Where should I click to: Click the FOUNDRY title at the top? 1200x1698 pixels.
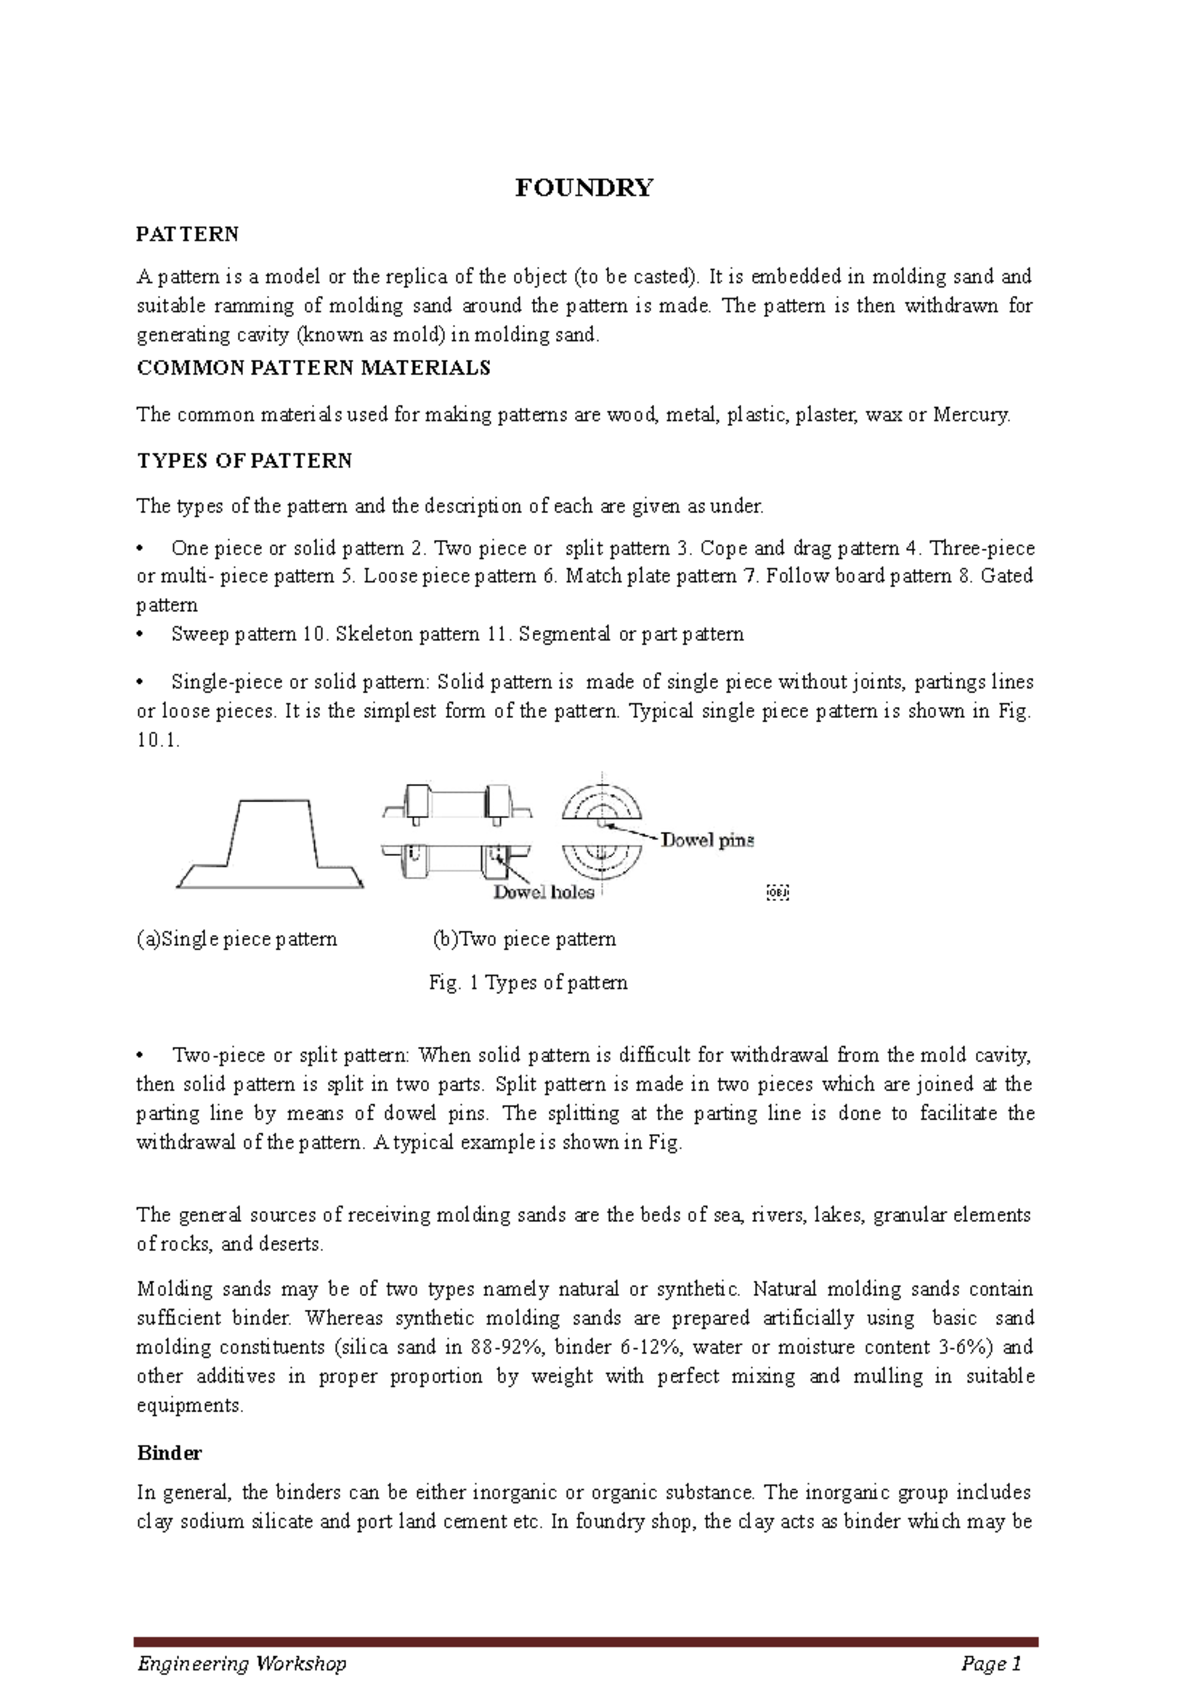(583, 188)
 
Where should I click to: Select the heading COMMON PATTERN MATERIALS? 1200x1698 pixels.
(313, 368)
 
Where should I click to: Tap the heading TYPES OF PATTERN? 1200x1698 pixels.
(244, 461)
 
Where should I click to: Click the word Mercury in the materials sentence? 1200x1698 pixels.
(970, 415)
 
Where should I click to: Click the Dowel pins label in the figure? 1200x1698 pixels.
(707, 840)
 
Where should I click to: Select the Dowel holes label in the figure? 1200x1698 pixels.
(543, 892)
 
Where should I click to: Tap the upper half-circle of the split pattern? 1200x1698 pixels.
(601, 803)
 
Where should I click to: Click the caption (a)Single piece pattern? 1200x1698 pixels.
(237, 939)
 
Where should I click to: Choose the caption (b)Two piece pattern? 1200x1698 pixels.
(524, 939)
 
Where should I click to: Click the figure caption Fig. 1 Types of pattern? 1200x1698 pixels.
(528, 983)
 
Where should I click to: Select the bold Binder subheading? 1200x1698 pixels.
(169, 1453)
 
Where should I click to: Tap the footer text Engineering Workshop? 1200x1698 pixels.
(242, 1663)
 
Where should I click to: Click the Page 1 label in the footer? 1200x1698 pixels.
(990, 1663)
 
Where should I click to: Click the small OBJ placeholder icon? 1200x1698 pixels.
(777, 892)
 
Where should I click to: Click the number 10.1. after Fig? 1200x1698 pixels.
(157, 741)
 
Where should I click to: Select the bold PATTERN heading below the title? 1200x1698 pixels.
(187, 234)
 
